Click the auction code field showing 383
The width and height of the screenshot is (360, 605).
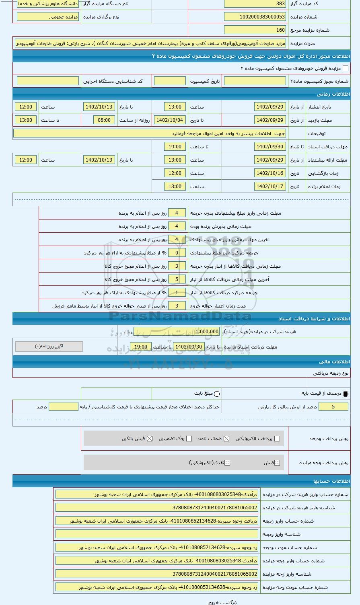(x=255, y=4)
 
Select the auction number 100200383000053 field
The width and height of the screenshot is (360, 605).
(x=255, y=17)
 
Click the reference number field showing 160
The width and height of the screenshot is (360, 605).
(x=255, y=30)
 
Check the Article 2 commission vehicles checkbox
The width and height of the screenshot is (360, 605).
(x=345, y=69)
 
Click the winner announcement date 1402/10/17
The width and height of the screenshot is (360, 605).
(x=270, y=187)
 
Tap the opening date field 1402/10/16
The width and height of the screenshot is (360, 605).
(x=270, y=173)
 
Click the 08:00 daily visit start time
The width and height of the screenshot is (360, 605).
(x=104, y=120)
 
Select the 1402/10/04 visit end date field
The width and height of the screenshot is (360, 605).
(x=169, y=120)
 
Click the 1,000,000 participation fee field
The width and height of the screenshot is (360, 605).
(x=201, y=332)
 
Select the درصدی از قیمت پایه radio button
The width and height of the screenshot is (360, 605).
(x=345, y=394)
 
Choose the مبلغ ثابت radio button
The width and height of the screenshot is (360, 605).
(x=217, y=394)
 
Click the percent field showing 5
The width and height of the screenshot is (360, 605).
(x=333, y=407)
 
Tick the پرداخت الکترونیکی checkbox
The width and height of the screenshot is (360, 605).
(x=277, y=439)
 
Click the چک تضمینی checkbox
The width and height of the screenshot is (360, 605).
(x=189, y=439)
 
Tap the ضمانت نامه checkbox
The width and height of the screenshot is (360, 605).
(x=226, y=439)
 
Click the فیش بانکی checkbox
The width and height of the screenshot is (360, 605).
(x=150, y=439)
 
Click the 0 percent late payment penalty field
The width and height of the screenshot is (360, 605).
(x=176, y=253)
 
